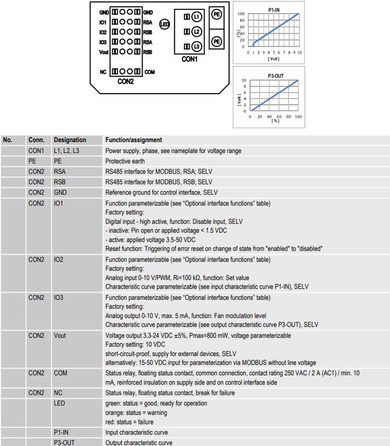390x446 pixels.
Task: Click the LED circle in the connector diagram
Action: (x=164, y=24)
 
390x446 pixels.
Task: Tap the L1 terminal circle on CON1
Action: (x=197, y=17)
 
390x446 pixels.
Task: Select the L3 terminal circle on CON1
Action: (x=197, y=46)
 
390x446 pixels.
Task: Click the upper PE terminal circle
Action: (x=217, y=14)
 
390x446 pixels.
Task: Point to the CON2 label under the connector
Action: (x=126, y=81)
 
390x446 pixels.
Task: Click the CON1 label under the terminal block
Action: (x=189, y=59)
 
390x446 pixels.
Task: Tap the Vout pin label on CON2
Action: (x=104, y=52)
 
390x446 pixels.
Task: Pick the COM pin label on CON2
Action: (x=149, y=72)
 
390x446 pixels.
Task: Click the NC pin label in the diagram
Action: (x=103, y=72)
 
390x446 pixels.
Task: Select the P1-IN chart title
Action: (x=274, y=10)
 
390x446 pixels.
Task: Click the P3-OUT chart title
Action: (x=276, y=76)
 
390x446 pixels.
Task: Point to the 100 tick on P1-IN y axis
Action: (x=241, y=13)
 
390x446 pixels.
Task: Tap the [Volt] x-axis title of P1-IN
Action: (x=274, y=59)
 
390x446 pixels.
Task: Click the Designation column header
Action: (x=70, y=140)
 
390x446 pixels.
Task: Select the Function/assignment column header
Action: (x=134, y=140)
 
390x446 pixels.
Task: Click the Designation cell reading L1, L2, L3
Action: (x=66, y=151)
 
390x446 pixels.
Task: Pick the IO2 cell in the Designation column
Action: (x=58, y=259)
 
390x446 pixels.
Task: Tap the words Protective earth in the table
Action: (x=125, y=161)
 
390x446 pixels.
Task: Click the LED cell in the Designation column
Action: (x=60, y=403)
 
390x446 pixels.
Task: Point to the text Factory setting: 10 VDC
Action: (x=135, y=345)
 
